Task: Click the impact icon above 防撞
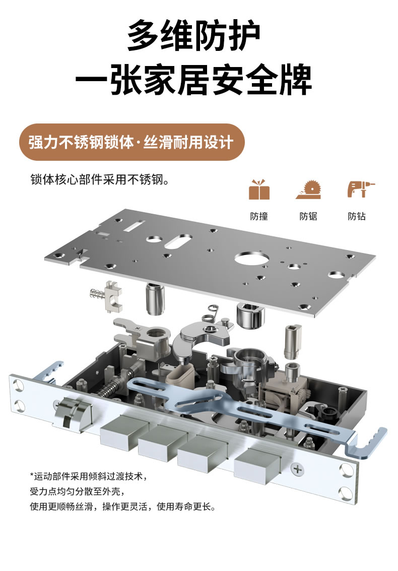259,189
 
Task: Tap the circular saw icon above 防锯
308,189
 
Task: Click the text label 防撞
259,216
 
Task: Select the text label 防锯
308,216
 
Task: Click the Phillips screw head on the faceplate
298,470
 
